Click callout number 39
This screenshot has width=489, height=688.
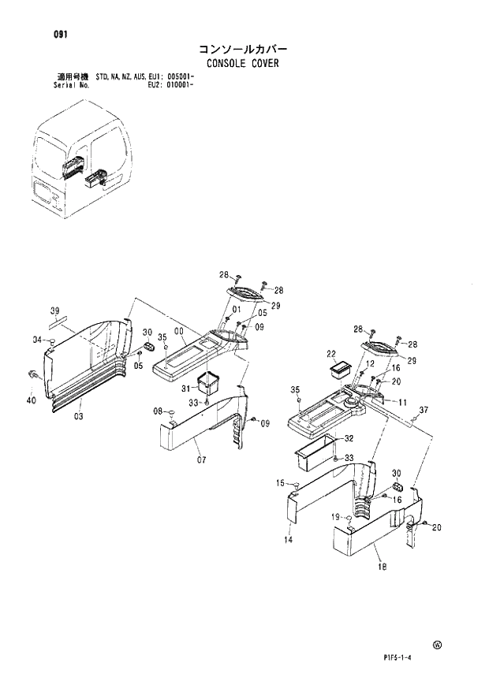(x=55, y=309)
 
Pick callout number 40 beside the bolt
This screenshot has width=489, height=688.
(x=32, y=400)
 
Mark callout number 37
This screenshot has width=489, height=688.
(x=424, y=409)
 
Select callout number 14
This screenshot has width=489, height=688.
(x=289, y=540)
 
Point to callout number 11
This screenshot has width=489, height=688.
(x=402, y=402)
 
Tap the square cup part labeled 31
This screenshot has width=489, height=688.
(x=209, y=382)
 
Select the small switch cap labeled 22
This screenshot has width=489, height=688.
(x=342, y=367)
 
